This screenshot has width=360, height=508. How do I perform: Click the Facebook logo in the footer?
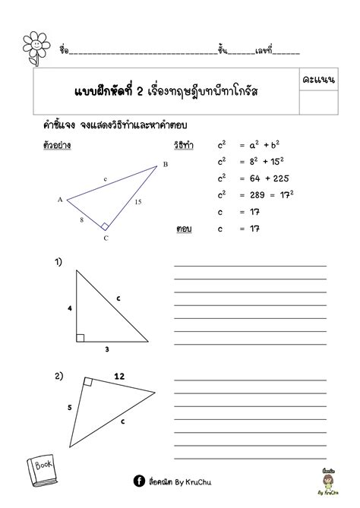tap(139, 480)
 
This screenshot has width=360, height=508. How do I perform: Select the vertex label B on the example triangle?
tap(165, 164)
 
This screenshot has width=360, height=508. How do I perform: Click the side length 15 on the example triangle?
tap(138, 202)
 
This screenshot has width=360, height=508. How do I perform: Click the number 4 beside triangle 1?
tap(69, 309)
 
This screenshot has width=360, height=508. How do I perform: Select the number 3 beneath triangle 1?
tap(108, 349)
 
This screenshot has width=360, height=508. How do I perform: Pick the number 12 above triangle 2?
tap(119, 375)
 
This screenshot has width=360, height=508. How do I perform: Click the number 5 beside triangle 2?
tap(70, 407)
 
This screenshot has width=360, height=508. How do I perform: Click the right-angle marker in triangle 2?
tap(88, 383)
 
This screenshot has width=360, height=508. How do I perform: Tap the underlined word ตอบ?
tap(182, 227)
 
